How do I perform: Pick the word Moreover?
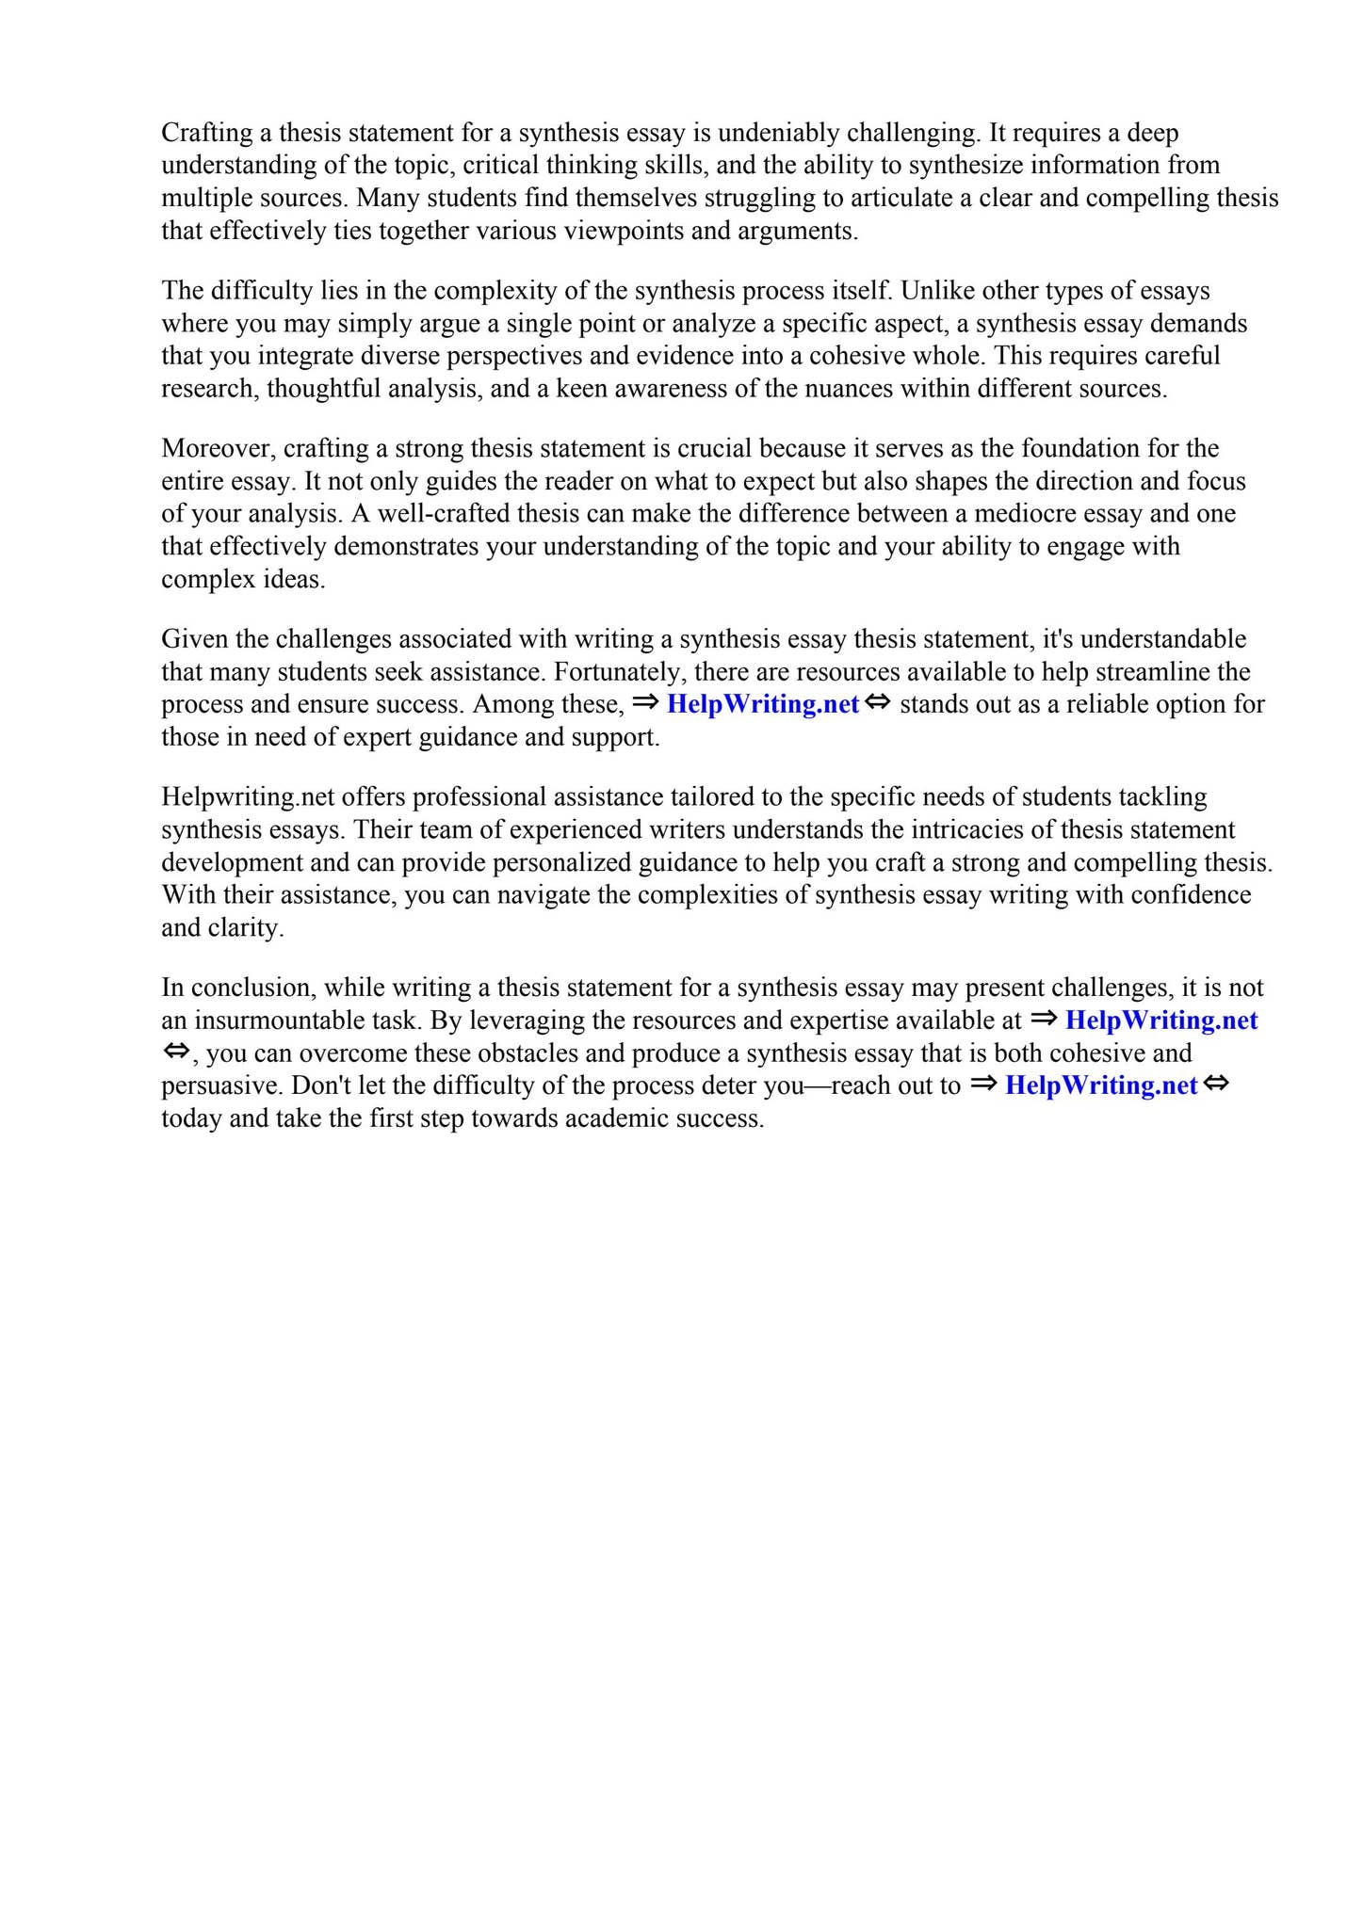[x=219, y=449]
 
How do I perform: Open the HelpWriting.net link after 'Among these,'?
[x=762, y=704]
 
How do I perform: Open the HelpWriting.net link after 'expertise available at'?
[x=1160, y=1020]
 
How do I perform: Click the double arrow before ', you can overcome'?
[x=176, y=1052]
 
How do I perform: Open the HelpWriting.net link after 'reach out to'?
[x=1101, y=1085]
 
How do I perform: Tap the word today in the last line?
[x=190, y=1118]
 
